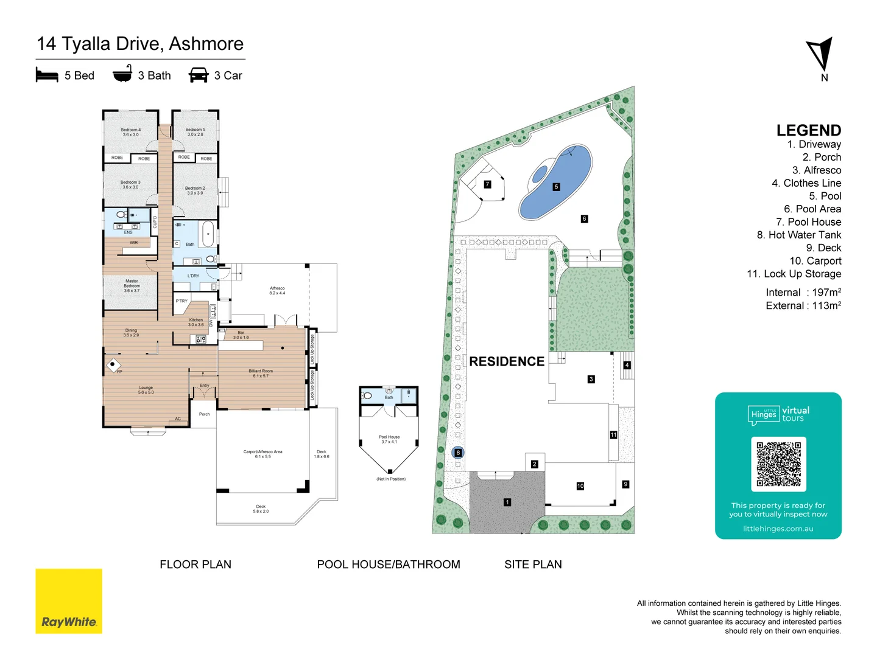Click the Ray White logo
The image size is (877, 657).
pyautogui.click(x=69, y=601)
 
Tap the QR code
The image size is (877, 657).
pyautogui.click(x=778, y=464)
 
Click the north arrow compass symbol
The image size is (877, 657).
pyautogui.click(x=820, y=55)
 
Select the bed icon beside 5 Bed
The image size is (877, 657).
pyautogui.click(x=47, y=75)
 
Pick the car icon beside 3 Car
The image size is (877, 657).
pyautogui.click(x=199, y=75)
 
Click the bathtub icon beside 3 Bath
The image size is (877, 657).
pyautogui.click(x=122, y=74)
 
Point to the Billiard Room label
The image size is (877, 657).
pyautogui.click(x=261, y=373)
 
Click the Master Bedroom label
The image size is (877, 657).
pyautogui.click(x=132, y=285)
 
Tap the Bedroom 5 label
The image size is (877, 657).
pyautogui.click(x=195, y=131)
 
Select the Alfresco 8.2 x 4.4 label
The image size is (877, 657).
pyautogui.click(x=277, y=290)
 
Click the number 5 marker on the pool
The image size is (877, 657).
pyautogui.click(x=556, y=187)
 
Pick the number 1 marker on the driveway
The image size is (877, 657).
pyautogui.click(x=507, y=502)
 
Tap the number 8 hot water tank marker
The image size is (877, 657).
pyautogui.click(x=458, y=453)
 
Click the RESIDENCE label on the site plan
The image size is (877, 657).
pyautogui.click(x=507, y=361)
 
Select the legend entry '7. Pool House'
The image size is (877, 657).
pyautogui.click(x=808, y=222)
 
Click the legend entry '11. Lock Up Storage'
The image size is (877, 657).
pyautogui.click(x=794, y=274)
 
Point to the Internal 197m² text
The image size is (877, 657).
pyautogui.click(x=803, y=293)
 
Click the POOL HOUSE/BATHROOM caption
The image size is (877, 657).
pyautogui.click(x=389, y=565)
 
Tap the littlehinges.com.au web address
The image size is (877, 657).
pyautogui.click(x=778, y=529)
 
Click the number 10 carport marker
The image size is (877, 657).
pyautogui.click(x=580, y=485)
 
